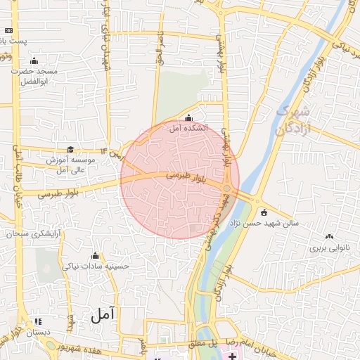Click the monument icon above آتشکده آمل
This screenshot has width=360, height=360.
(188, 117)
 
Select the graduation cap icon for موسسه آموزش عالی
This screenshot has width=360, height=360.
(70, 149)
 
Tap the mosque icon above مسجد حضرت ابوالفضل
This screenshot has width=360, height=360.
(34, 61)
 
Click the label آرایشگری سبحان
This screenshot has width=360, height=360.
(33, 233)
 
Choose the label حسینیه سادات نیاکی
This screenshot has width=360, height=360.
(96, 266)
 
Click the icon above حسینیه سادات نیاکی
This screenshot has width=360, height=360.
(96, 255)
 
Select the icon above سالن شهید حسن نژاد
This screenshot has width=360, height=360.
(264, 212)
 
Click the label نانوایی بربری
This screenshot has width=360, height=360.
(325, 248)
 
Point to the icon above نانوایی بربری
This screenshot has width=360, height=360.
(329, 237)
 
